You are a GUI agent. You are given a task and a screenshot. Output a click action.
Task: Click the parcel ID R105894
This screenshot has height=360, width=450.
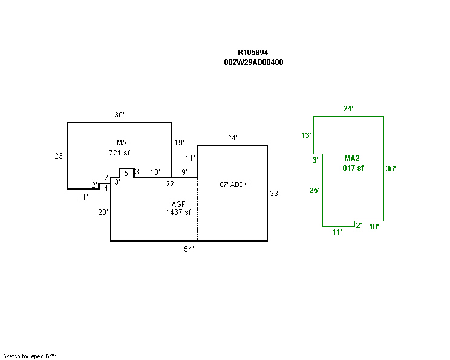(x=253, y=53)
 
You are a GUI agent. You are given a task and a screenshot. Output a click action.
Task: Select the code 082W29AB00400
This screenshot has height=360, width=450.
(x=253, y=62)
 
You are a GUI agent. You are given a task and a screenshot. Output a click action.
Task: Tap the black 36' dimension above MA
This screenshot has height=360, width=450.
(x=120, y=115)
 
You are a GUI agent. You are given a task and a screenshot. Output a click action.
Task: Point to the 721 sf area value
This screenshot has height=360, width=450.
(x=120, y=153)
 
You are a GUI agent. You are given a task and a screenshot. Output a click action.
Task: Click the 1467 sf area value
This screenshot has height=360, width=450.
(x=178, y=212)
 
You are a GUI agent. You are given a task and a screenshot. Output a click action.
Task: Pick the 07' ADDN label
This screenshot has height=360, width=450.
(x=233, y=185)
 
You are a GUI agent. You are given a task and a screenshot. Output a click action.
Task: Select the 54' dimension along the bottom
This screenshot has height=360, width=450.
(x=189, y=249)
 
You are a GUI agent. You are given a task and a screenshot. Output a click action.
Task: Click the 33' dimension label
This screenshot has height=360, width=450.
(x=275, y=194)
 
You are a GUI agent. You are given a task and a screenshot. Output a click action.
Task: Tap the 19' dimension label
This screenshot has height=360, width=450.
(x=180, y=143)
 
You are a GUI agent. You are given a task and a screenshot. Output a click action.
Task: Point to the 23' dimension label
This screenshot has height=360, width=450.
(x=59, y=156)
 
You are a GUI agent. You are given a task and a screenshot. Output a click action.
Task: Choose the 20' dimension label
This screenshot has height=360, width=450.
(x=103, y=212)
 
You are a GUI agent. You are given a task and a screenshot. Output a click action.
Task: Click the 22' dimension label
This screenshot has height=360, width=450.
(x=171, y=184)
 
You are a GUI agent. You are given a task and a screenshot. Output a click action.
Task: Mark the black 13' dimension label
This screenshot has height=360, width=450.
(x=155, y=172)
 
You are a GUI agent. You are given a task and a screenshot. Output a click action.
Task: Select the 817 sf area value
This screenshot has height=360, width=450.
(x=353, y=168)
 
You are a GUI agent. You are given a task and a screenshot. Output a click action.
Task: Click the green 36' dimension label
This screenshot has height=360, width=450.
(x=391, y=169)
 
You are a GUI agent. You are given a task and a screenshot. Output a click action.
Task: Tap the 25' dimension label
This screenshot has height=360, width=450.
(x=315, y=191)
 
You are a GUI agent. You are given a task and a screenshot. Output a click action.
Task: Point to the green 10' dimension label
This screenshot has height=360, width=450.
(x=374, y=227)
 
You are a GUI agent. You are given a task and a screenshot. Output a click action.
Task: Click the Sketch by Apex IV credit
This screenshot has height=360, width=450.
(x=30, y=356)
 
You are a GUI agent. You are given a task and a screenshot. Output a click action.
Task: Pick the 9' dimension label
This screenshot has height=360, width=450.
(x=184, y=172)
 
